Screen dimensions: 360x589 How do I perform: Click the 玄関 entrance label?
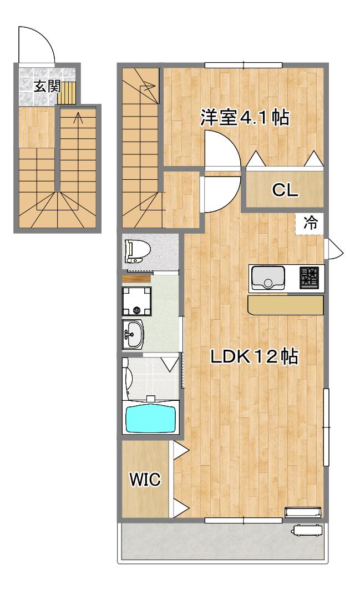47,87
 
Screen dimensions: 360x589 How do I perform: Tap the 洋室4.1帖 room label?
245,118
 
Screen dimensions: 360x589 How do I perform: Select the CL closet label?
285,190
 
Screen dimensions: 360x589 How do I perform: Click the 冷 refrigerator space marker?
310,224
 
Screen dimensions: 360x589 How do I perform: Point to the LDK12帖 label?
254,356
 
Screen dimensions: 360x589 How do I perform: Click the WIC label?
145,479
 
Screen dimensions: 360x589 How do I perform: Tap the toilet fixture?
138,250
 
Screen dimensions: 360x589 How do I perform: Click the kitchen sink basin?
268,278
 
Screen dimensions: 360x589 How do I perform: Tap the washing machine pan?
137,300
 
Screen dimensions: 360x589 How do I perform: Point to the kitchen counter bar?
285,304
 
